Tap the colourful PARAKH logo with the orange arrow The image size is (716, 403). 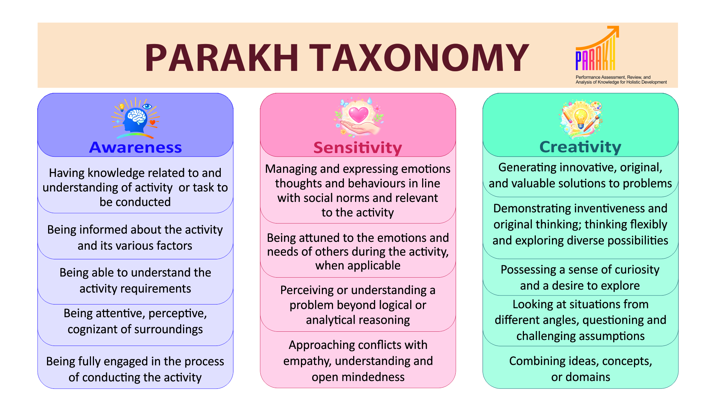(x=597, y=48)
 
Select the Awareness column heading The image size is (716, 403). (x=135, y=147)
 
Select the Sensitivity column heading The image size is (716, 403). (x=358, y=148)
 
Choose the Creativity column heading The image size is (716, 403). (x=580, y=147)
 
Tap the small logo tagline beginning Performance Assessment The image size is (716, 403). (x=621, y=79)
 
